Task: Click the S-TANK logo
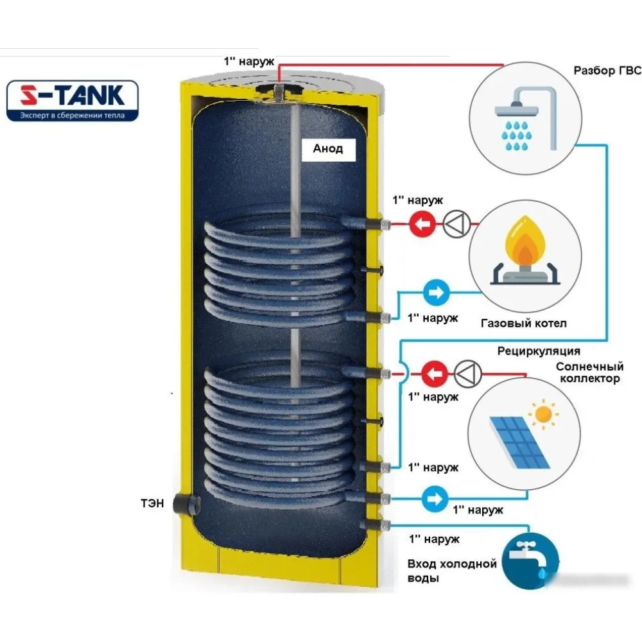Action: tap(72, 100)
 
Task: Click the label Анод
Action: tap(327, 148)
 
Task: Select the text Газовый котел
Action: tap(523, 323)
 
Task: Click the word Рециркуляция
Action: tap(539, 351)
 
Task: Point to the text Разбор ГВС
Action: tap(607, 69)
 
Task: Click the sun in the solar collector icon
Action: tap(545, 414)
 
